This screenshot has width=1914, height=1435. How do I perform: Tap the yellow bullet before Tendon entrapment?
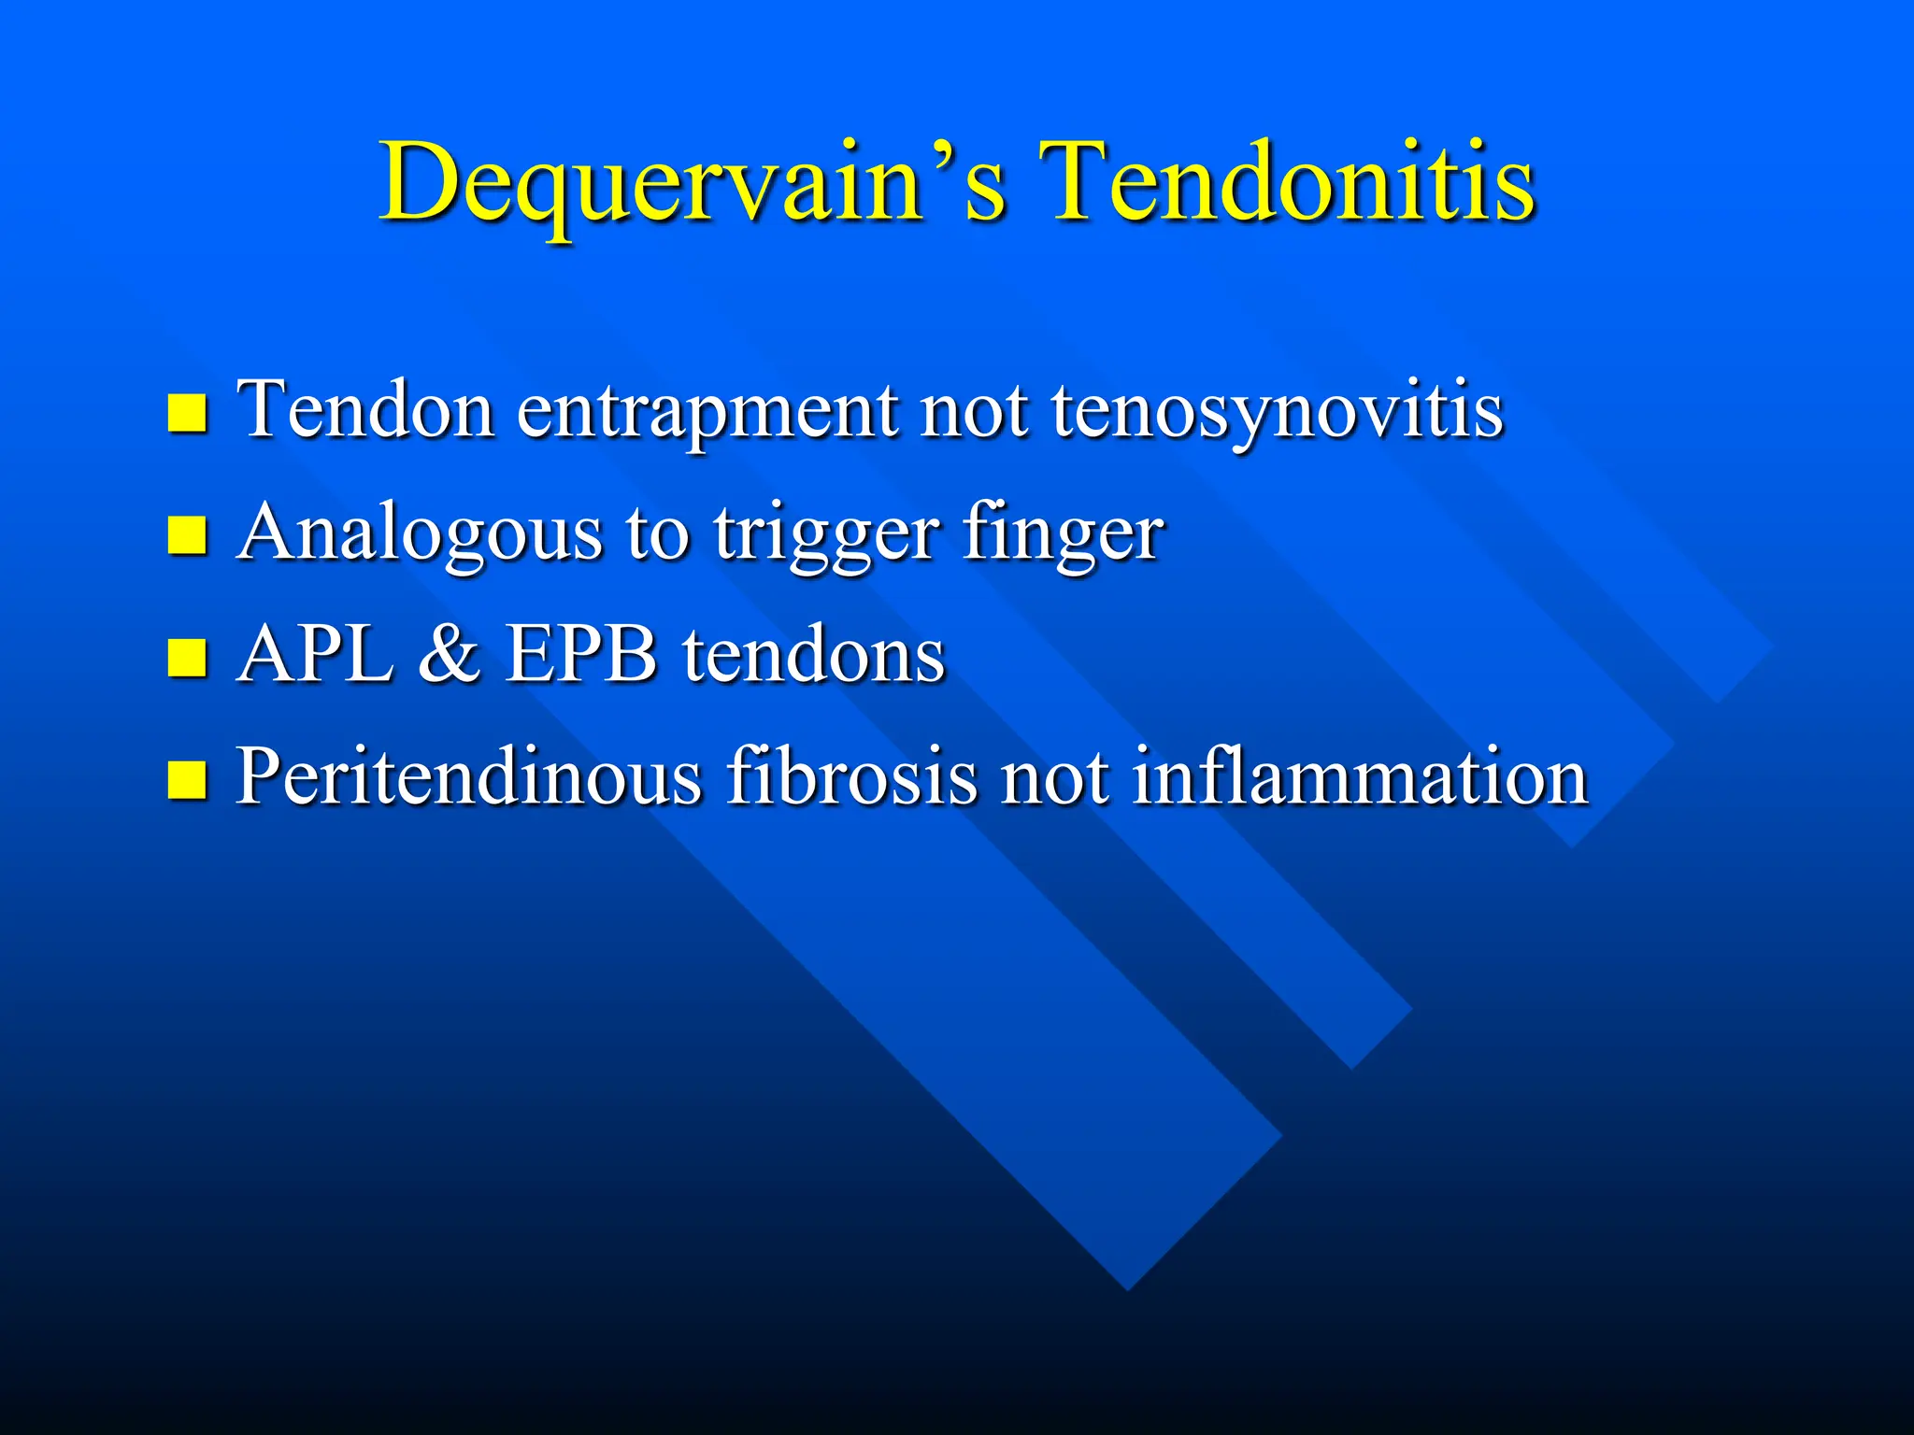click(187, 413)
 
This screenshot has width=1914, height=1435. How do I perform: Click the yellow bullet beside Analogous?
click(187, 535)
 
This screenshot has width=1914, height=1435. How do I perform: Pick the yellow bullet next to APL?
click(187, 657)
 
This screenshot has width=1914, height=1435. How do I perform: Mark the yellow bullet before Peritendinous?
click(187, 779)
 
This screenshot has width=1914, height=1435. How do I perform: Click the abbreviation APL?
click(316, 655)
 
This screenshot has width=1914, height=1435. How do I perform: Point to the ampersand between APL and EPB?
click(449, 655)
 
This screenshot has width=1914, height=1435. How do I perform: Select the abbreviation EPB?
click(581, 655)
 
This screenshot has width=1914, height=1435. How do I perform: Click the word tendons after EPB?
click(813, 655)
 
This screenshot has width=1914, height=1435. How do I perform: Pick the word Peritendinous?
click(468, 777)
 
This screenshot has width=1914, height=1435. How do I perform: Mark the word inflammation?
click(1360, 777)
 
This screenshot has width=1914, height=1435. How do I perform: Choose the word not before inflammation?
click(1054, 777)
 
